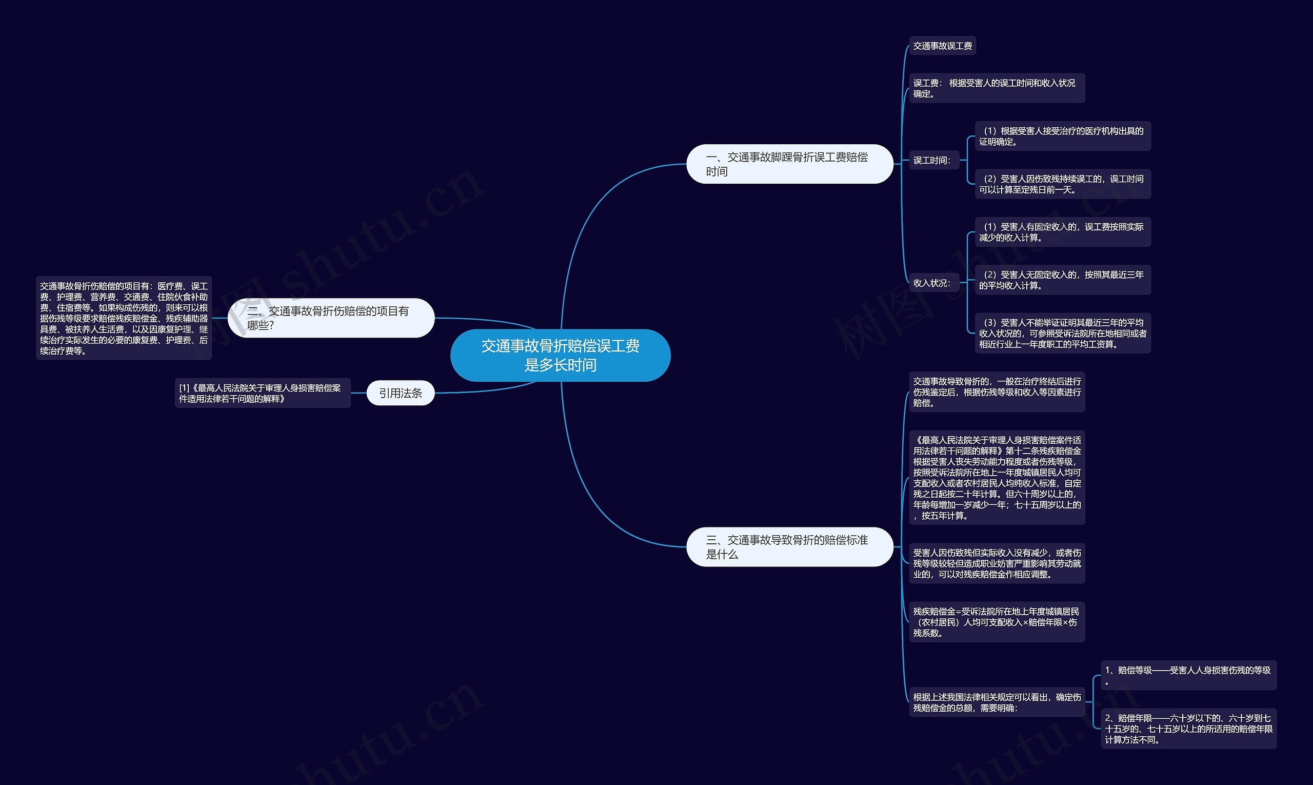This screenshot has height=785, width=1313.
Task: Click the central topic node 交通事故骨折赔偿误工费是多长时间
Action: click(560, 355)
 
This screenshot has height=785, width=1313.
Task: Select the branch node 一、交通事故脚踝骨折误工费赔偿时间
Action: click(789, 164)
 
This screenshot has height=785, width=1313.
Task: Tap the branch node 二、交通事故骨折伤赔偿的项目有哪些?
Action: click(331, 318)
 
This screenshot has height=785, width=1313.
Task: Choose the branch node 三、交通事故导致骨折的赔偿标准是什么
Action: click(789, 546)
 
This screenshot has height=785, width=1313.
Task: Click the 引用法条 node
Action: click(400, 393)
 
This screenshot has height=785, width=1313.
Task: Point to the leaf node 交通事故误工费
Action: click(942, 46)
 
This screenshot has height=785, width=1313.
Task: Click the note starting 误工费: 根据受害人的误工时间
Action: click(997, 88)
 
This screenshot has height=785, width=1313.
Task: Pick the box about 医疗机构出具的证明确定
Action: click(1063, 136)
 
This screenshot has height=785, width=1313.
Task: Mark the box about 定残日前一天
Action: click(1063, 184)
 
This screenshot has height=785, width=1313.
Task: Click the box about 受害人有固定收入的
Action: click(1063, 232)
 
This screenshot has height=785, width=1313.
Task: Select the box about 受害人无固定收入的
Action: click(1063, 280)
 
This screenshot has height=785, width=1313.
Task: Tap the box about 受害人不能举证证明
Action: click(1063, 333)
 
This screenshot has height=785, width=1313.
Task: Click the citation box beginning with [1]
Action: click(263, 393)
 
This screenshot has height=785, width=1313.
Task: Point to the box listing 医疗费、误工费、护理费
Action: click(124, 318)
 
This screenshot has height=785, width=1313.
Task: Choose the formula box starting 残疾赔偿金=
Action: click(997, 622)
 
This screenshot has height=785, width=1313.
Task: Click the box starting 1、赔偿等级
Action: click(1189, 676)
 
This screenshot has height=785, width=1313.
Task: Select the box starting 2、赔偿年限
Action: click(1189, 729)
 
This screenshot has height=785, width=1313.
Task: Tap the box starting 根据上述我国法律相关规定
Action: click(997, 702)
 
